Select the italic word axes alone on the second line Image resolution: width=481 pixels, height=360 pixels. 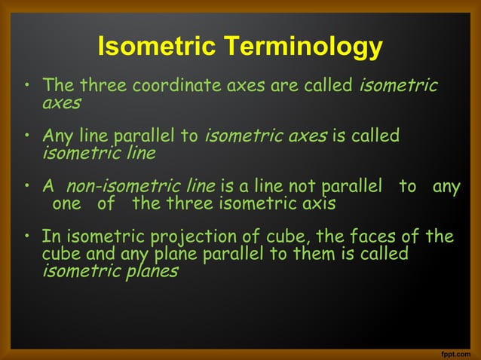[61, 102]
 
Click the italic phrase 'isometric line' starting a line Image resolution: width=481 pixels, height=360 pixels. [99, 153]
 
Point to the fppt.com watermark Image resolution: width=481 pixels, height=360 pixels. [457, 352]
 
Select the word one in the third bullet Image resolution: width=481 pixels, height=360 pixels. [66, 204]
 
